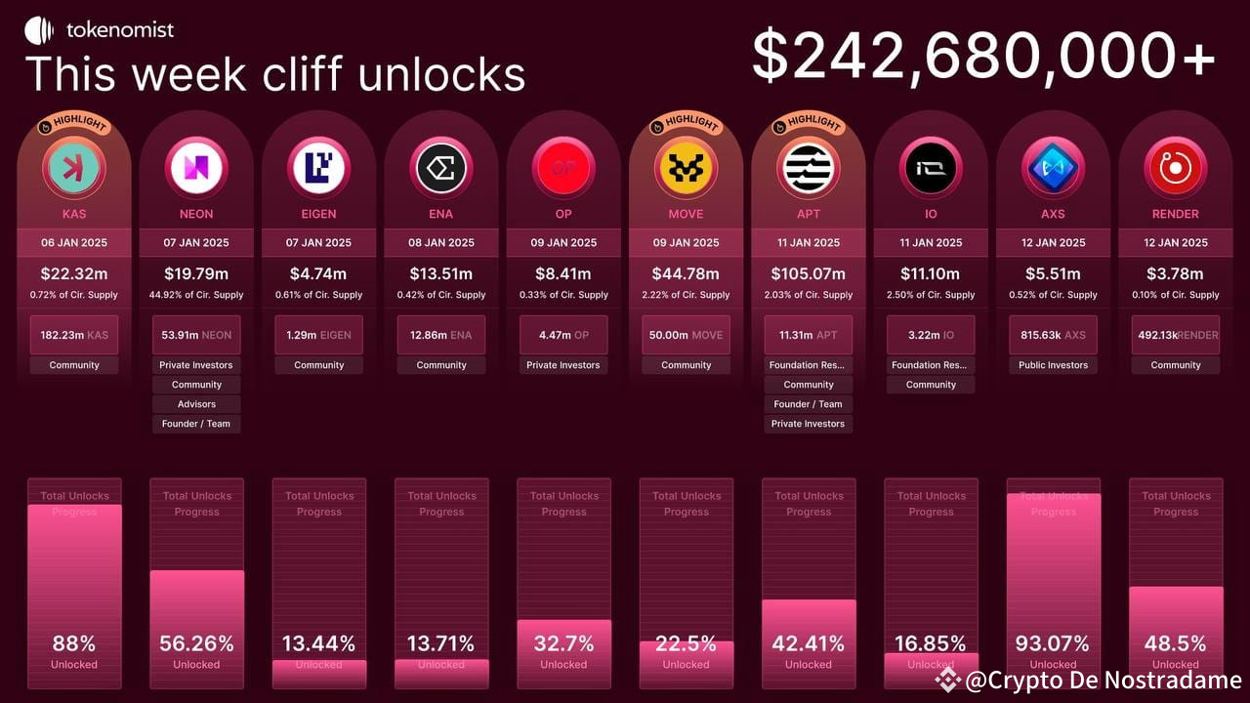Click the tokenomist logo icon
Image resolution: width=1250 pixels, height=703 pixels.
tap(39, 30)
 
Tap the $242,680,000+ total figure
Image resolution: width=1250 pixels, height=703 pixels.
tap(983, 56)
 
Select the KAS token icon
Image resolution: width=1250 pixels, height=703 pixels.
tap(74, 167)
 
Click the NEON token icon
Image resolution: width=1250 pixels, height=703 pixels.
tap(196, 167)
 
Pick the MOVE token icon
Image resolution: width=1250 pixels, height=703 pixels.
tap(687, 167)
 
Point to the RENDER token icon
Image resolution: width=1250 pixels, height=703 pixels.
tap(1176, 167)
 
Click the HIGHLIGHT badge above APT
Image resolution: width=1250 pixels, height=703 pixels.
tap(808, 124)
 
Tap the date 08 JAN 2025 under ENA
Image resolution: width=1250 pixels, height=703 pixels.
tap(441, 243)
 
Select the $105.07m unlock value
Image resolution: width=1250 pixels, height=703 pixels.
tap(809, 273)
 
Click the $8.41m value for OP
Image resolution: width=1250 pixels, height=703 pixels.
tap(563, 273)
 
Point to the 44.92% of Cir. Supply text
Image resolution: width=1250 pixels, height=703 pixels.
tap(196, 295)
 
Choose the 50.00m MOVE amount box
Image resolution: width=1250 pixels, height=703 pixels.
tap(687, 335)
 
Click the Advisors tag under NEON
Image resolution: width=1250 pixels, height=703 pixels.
tap(196, 404)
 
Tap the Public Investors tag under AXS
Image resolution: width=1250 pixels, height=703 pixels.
tap(1054, 365)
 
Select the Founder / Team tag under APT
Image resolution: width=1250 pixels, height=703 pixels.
tap(809, 404)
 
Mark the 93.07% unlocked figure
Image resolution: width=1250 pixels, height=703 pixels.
tap(1054, 644)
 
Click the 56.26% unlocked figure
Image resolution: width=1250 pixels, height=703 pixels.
tap(196, 644)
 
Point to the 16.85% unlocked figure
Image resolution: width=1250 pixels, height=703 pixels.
tap(931, 644)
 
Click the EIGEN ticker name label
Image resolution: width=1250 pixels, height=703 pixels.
tap(319, 214)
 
